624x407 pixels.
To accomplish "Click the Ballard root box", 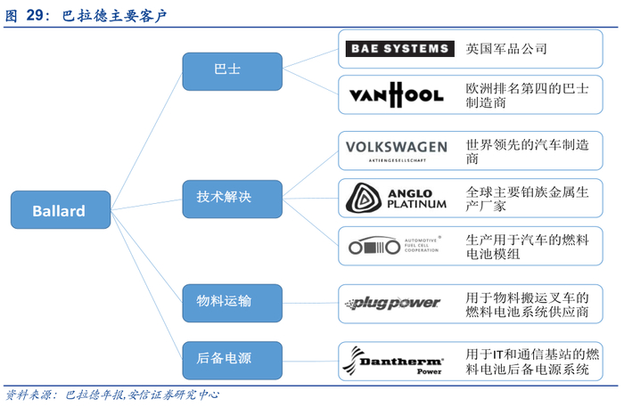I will [x=59, y=211].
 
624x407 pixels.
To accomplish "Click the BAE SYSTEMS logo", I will [x=398, y=49].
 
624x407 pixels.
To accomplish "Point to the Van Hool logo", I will [x=396, y=94].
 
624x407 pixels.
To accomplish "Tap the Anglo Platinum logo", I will [x=396, y=198].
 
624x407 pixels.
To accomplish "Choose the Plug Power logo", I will [x=396, y=303].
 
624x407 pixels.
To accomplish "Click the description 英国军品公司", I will [x=506, y=49].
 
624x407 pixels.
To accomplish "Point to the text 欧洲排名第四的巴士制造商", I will [x=527, y=95].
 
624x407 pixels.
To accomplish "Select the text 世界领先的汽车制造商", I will [x=527, y=151].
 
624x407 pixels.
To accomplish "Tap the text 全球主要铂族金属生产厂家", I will [x=527, y=198].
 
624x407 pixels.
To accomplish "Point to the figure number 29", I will [x=37, y=15].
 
